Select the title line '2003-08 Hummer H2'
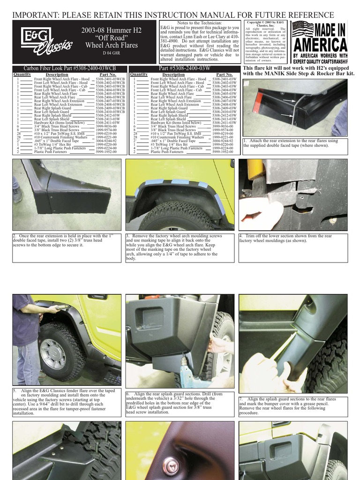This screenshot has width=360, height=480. (111, 30)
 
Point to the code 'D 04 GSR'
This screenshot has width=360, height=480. (111, 53)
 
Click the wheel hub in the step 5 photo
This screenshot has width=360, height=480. (53, 353)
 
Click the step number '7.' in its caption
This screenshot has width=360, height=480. (241, 398)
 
